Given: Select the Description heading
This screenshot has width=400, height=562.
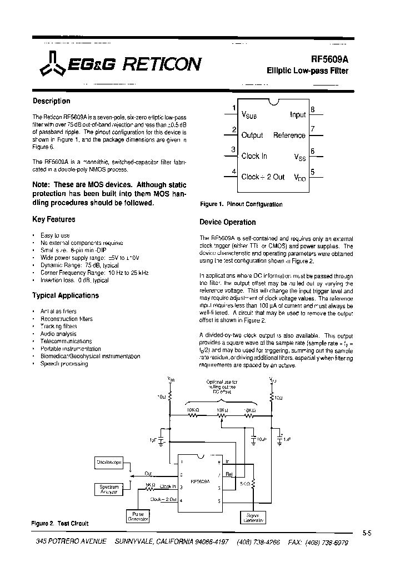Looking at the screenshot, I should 52,101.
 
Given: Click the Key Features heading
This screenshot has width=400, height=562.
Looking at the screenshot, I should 54,219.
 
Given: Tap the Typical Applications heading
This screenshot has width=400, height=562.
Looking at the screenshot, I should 66,295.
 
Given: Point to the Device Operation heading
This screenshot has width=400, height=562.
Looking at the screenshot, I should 228,222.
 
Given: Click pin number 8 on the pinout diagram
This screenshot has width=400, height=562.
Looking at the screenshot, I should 313,109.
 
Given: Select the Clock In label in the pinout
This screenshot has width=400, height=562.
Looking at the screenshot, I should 254,156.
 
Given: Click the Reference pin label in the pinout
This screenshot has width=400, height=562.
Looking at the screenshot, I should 289,136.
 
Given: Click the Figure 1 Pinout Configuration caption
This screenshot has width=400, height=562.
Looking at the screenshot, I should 241,204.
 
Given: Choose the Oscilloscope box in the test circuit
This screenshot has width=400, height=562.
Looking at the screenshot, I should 109,462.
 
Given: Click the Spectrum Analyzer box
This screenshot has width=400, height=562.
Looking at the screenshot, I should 109,489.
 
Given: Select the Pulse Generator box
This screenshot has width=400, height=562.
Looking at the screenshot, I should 137,516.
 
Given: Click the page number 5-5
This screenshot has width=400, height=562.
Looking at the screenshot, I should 367,533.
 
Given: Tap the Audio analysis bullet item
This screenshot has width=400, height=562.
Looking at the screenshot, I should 58,334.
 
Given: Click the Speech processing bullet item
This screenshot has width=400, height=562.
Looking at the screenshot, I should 64,364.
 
